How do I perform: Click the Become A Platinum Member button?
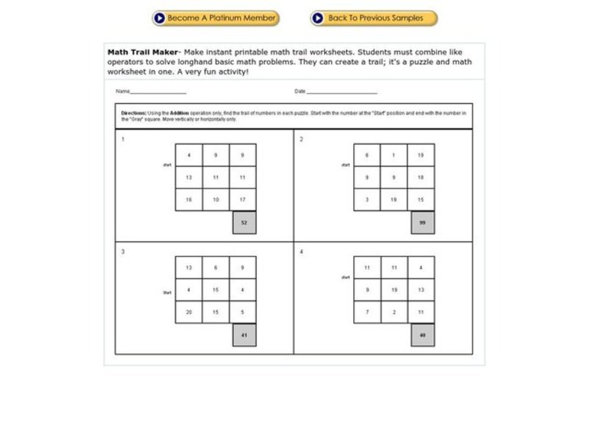(216, 18)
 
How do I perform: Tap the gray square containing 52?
(244, 222)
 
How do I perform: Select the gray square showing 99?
(422, 222)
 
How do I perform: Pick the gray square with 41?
(244, 335)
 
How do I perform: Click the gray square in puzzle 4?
(422, 335)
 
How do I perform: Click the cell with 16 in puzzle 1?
(188, 200)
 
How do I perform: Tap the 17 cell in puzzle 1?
(243, 200)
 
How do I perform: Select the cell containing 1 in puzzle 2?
(394, 155)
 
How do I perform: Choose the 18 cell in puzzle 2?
(421, 178)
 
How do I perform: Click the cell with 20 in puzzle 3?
(188, 312)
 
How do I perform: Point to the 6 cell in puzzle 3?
(216, 268)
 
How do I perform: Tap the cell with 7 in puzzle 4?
(367, 312)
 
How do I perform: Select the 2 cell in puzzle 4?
(394, 312)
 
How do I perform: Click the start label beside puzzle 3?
(166, 292)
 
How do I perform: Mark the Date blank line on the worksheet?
(342, 92)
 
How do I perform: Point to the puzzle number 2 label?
(301, 138)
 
